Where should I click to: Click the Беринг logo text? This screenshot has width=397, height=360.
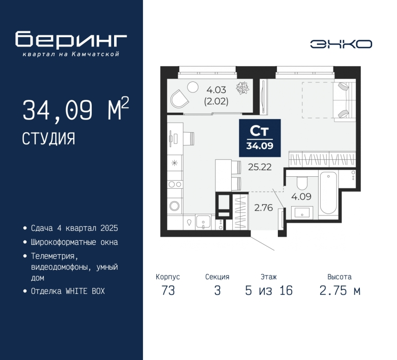[71, 39]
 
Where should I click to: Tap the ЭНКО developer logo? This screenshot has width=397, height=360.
[341, 44]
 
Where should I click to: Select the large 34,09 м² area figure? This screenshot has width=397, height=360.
[76, 109]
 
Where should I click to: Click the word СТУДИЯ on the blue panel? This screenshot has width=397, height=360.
[49, 139]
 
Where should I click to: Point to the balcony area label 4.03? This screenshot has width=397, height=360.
[216, 90]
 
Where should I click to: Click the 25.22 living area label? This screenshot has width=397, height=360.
[260, 167]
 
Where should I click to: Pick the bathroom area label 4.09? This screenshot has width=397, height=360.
[301, 196]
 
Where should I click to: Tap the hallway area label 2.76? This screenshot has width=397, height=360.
[264, 208]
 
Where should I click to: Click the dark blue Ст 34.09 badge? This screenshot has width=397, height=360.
[260, 138]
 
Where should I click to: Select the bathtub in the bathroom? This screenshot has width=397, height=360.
[329, 193]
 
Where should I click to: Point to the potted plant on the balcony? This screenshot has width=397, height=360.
[243, 88]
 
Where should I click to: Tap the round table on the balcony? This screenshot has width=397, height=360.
[193, 87]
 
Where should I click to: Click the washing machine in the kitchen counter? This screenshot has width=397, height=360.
[175, 206]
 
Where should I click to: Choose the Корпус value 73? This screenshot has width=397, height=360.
[168, 290]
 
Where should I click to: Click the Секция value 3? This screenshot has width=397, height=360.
[217, 290]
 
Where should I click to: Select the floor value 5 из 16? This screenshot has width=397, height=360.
[269, 290]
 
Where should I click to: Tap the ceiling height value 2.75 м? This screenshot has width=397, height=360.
[340, 290]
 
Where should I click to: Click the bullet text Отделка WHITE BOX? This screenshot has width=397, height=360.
[68, 291]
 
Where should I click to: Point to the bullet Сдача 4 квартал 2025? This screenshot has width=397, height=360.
[74, 228]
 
